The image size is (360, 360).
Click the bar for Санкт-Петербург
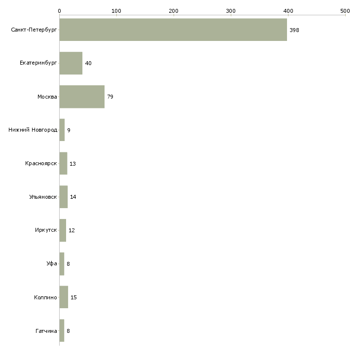click(x=173, y=30)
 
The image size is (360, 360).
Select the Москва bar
click(x=82, y=97)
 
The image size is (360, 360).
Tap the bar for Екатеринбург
click(x=71, y=63)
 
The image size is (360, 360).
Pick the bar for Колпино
click(x=64, y=297)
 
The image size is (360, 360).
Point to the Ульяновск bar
click(x=63, y=197)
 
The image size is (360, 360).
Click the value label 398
click(x=294, y=30)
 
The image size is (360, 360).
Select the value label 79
click(x=110, y=97)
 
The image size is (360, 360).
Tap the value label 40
click(x=88, y=63)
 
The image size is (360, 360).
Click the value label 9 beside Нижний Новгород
click(x=69, y=130)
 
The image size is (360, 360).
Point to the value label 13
click(x=72, y=164)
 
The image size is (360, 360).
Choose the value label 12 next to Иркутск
click(x=72, y=230)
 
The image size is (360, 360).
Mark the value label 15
click(x=73, y=297)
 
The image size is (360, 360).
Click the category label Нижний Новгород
click(x=33, y=130)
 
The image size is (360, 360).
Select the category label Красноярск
click(x=41, y=164)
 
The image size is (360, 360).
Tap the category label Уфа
click(x=52, y=264)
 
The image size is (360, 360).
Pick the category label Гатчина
click(x=46, y=331)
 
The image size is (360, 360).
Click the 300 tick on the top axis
click(x=231, y=10)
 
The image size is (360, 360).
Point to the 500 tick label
click(x=345, y=10)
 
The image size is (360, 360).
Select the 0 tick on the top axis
click(x=59, y=10)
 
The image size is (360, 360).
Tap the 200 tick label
click(x=174, y=10)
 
